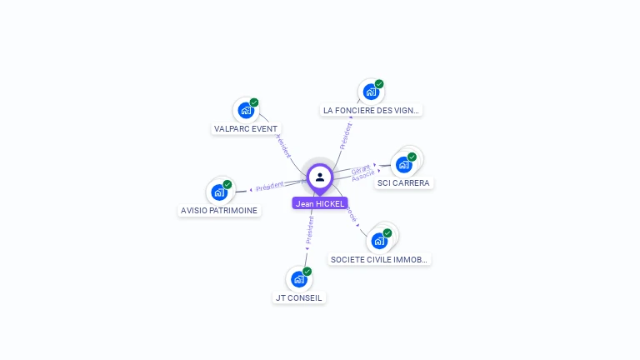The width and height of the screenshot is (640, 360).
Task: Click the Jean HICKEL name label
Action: [320, 203]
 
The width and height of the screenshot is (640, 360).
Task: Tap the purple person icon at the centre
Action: [320, 177]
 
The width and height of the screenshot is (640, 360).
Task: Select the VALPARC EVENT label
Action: [246, 129]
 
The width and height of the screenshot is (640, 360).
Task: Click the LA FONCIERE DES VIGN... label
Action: [372, 110]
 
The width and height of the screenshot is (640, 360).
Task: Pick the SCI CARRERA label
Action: [403, 182]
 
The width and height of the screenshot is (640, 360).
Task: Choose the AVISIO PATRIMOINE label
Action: [219, 211]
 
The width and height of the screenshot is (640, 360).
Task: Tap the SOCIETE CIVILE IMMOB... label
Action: [379, 259]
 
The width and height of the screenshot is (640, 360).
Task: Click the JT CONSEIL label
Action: [298, 297]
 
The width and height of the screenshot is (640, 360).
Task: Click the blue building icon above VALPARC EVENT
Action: [245, 110]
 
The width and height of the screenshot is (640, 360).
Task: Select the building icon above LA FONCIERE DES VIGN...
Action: [370, 92]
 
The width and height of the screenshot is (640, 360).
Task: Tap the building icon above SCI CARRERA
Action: [404, 164]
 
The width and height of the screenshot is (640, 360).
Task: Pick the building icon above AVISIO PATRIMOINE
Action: [219, 192]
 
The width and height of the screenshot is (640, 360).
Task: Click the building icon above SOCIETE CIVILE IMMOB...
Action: [379, 241]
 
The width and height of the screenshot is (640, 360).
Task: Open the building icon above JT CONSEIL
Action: [298, 279]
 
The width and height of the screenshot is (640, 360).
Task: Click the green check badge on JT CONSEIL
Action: [307, 272]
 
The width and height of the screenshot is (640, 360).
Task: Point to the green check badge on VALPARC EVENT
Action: [254, 102]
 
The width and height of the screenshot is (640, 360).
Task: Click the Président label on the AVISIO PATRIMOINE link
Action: [270, 187]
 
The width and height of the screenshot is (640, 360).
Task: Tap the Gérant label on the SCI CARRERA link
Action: [361, 169]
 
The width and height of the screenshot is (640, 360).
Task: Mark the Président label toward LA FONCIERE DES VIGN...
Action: [346, 135]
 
